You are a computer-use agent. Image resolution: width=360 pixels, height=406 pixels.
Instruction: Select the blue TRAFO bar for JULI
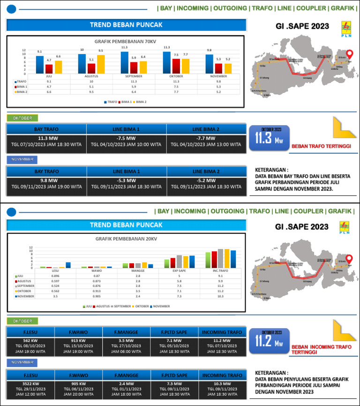point(40,65)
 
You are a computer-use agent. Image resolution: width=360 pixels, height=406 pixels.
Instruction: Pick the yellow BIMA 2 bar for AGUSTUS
point(101,64)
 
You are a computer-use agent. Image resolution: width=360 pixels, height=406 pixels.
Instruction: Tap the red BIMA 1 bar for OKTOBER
point(176,66)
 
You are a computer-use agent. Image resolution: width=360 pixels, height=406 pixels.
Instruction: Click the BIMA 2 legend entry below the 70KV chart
point(140,102)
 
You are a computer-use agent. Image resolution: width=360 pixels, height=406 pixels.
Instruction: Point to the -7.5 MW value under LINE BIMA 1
point(126,138)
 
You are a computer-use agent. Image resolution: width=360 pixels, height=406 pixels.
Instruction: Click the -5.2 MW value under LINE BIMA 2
point(206,180)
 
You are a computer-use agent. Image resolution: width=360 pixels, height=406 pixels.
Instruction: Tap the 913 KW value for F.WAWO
point(78,340)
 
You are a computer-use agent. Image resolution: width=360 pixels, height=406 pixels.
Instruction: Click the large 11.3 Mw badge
point(269,138)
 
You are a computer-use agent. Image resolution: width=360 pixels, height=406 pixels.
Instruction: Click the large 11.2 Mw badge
point(269,340)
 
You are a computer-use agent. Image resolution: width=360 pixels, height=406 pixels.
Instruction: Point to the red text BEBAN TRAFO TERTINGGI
point(322,146)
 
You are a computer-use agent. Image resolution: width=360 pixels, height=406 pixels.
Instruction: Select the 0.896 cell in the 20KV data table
point(55,276)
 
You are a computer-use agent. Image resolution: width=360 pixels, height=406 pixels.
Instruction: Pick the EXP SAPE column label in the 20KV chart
point(179,271)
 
